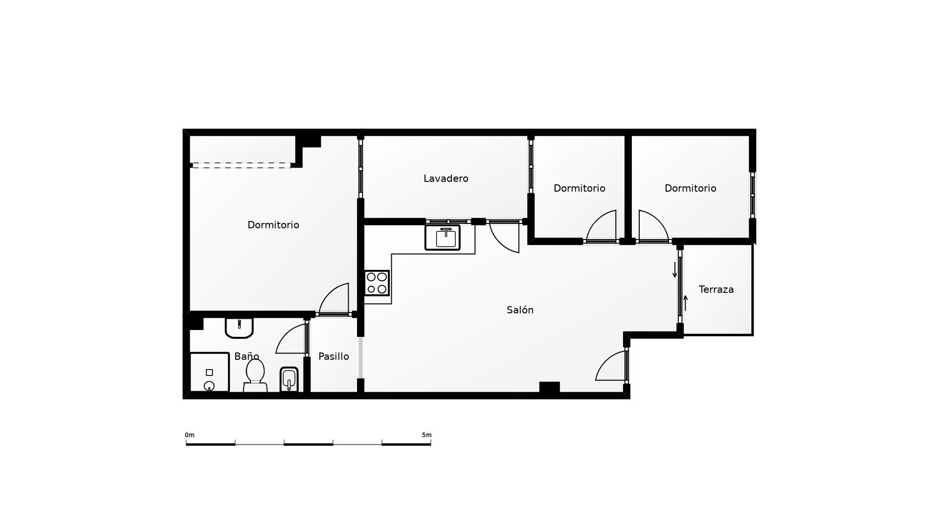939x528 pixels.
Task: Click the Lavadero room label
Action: coord(446,178)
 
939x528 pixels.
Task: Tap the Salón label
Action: coord(520,310)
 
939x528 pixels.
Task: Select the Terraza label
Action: coord(716,289)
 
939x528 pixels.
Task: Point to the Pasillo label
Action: coord(334,356)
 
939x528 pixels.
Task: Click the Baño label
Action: coord(246,356)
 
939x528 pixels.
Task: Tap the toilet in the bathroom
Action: coord(255,375)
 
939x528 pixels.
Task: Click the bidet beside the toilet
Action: coord(289,379)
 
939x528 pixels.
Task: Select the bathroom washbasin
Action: coord(239,328)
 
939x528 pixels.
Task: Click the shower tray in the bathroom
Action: coord(209,372)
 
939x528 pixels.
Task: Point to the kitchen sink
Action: coord(443,238)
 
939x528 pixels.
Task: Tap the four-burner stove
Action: coord(377,283)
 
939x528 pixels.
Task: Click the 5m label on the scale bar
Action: coord(426,435)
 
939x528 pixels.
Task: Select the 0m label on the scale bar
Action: coord(190,435)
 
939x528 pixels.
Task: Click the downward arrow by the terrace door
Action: coord(675,270)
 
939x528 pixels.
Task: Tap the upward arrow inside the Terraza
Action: coord(686,303)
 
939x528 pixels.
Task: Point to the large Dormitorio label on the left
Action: coord(273,225)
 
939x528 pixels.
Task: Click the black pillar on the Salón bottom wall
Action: coord(549,387)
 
